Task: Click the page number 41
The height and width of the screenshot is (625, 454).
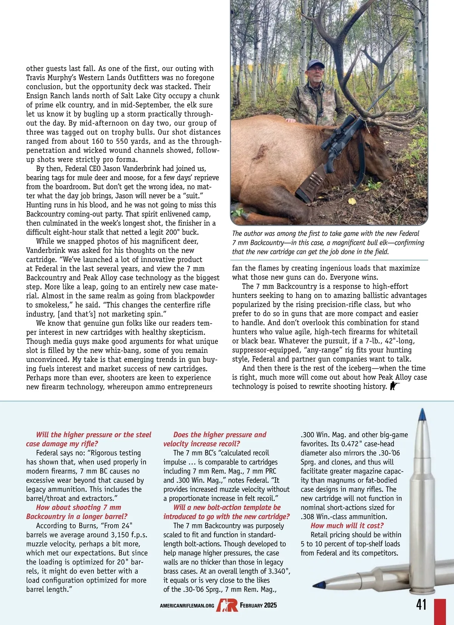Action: (421, 604)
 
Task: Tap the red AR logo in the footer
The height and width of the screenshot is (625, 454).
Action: (227, 605)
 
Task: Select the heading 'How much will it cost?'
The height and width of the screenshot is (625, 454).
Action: (347, 525)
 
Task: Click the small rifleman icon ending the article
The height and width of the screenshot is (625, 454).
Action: (395, 386)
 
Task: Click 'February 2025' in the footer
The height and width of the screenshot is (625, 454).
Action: (258, 605)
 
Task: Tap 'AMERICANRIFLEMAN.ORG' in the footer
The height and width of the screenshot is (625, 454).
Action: (187, 606)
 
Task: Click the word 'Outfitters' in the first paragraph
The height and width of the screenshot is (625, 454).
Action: (130, 78)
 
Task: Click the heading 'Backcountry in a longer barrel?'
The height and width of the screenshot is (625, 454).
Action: (77, 516)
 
